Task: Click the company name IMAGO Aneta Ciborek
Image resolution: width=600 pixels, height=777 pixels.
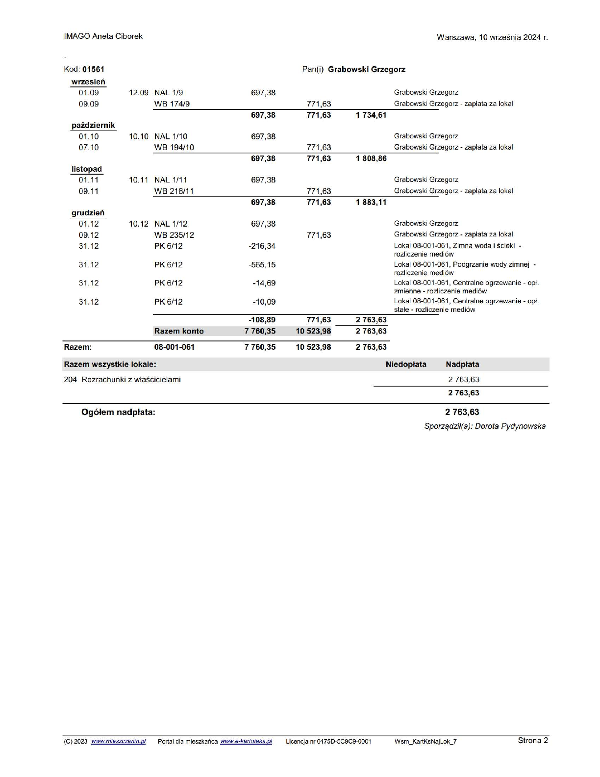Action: click(103, 36)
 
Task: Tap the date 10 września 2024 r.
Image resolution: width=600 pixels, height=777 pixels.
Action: click(513, 37)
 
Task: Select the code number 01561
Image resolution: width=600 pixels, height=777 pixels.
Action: click(93, 70)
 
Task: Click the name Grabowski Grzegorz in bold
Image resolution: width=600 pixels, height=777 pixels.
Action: click(367, 70)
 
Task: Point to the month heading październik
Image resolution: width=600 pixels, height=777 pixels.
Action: click(93, 126)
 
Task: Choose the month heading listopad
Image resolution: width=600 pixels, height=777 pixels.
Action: click(87, 169)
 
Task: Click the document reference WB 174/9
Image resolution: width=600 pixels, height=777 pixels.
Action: click(172, 104)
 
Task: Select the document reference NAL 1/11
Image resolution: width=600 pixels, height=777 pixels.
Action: click(171, 180)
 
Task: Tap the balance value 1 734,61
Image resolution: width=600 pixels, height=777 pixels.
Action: click(371, 115)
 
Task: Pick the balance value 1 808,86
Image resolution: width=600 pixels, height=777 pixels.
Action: click(371, 158)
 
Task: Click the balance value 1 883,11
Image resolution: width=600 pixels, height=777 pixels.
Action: click(371, 203)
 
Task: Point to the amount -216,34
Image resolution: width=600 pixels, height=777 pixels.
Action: click(262, 246)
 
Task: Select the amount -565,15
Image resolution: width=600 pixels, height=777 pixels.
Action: click(262, 265)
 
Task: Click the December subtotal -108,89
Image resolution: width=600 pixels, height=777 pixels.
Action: click(262, 320)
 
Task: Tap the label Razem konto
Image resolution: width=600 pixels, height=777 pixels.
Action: click(179, 331)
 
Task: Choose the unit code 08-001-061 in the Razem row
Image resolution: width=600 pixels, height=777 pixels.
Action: click(175, 347)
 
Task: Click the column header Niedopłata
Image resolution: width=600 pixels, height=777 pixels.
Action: click(406, 364)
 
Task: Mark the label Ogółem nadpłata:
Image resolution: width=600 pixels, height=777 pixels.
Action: click(118, 413)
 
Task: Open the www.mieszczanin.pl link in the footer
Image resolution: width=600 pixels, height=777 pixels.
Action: click(118, 741)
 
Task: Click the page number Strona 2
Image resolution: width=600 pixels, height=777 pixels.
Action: click(533, 741)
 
